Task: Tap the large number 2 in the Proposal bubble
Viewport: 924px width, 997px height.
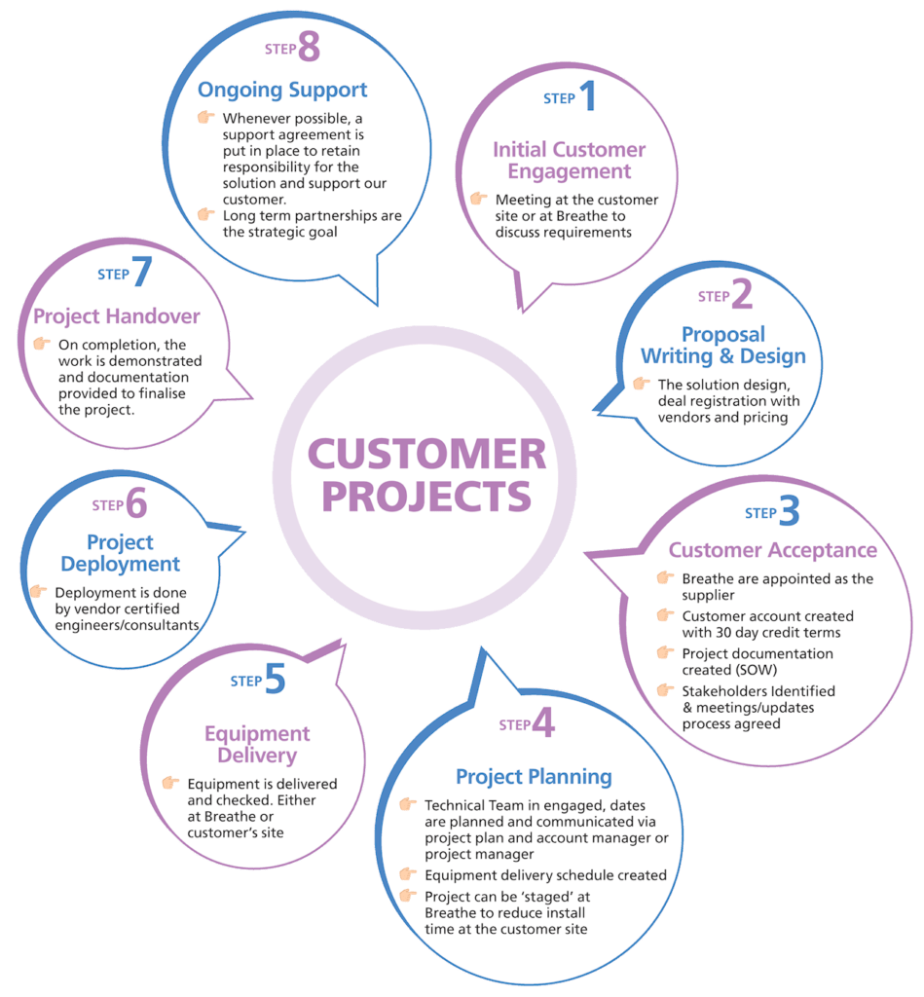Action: (742, 294)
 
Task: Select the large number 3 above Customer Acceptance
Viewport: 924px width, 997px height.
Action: (789, 511)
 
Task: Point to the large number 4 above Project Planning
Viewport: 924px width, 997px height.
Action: (543, 723)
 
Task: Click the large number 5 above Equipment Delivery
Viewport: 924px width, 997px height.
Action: (275, 680)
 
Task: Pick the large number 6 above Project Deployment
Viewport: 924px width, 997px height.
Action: (136, 504)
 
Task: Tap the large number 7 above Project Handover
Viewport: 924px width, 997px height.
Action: (142, 273)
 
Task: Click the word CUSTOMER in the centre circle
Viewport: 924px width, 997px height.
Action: (427, 454)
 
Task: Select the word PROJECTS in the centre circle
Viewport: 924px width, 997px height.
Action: (427, 496)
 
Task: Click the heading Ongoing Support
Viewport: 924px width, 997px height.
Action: (282, 91)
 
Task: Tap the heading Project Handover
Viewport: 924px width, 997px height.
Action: (117, 316)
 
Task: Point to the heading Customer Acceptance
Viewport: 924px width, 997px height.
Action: (772, 550)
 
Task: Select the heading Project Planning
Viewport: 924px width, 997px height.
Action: (534, 777)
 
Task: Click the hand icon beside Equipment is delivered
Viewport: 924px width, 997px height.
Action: (170, 783)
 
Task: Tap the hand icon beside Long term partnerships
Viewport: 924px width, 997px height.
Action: (205, 214)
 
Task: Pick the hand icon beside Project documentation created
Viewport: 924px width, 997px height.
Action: (666, 653)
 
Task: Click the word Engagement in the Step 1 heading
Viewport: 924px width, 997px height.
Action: (570, 172)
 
